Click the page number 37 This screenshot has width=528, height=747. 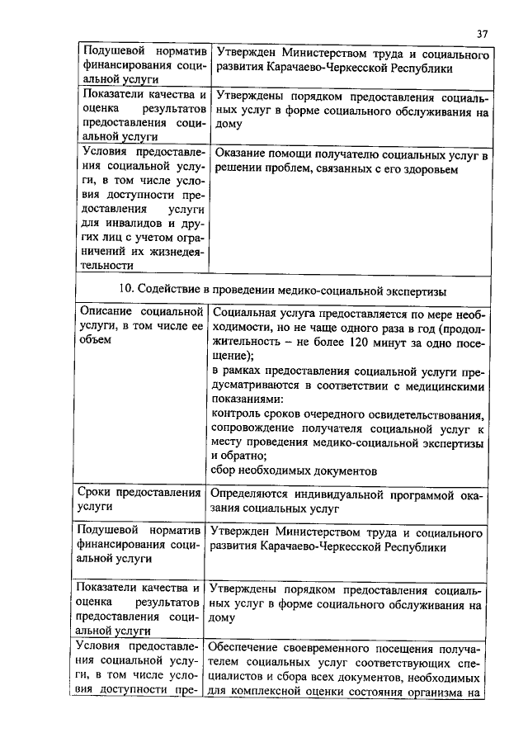[x=483, y=33]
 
